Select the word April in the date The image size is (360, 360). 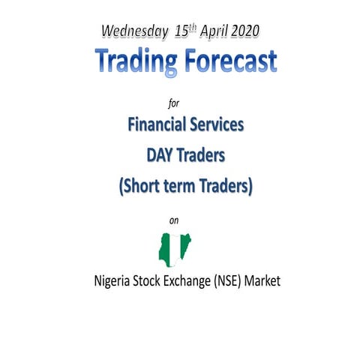point(214,32)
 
